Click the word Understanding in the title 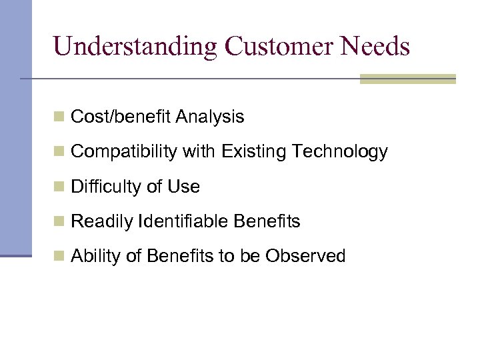click(x=135, y=47)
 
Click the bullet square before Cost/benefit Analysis click(x=59, y=118)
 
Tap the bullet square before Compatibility click(x=59, y=153)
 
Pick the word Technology click(x=339, y=152)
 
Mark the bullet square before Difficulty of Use click(x=59, y=187)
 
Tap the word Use click(x=183, y=187)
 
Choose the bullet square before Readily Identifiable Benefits click(x=59, y=222)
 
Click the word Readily click(x=101, y=222)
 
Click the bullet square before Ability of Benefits click(x=59, y=257)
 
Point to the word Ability click(x=95, y=257)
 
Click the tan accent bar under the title click(x=407, y=79)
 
